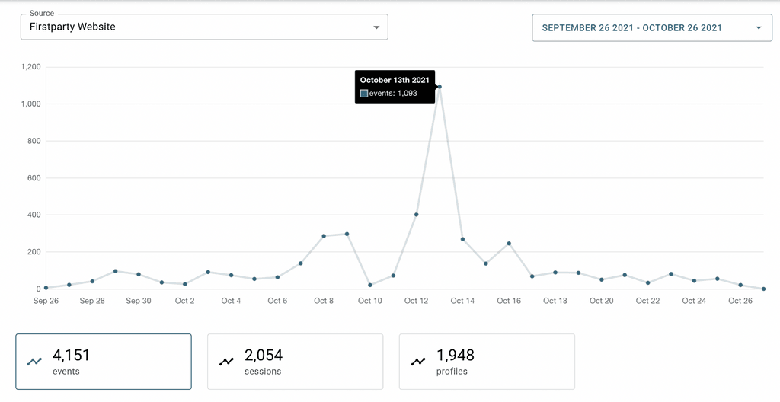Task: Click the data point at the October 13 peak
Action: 440,87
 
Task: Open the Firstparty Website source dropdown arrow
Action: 376,27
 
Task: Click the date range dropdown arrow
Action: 758,28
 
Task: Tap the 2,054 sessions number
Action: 264,355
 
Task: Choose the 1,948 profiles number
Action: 456,355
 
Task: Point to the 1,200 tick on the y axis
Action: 30,67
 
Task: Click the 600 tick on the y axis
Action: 34,178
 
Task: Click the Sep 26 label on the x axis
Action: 46,301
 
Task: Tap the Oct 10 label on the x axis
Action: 370,301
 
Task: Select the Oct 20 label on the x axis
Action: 602,301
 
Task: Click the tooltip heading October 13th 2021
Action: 395,80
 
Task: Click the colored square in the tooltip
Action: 364,94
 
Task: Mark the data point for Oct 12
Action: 416,215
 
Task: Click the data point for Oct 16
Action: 509,244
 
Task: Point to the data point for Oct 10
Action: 370,286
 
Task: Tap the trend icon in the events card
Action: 34,361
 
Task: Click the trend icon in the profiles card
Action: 418,361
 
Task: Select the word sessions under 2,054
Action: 263,372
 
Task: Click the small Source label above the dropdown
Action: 41,14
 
